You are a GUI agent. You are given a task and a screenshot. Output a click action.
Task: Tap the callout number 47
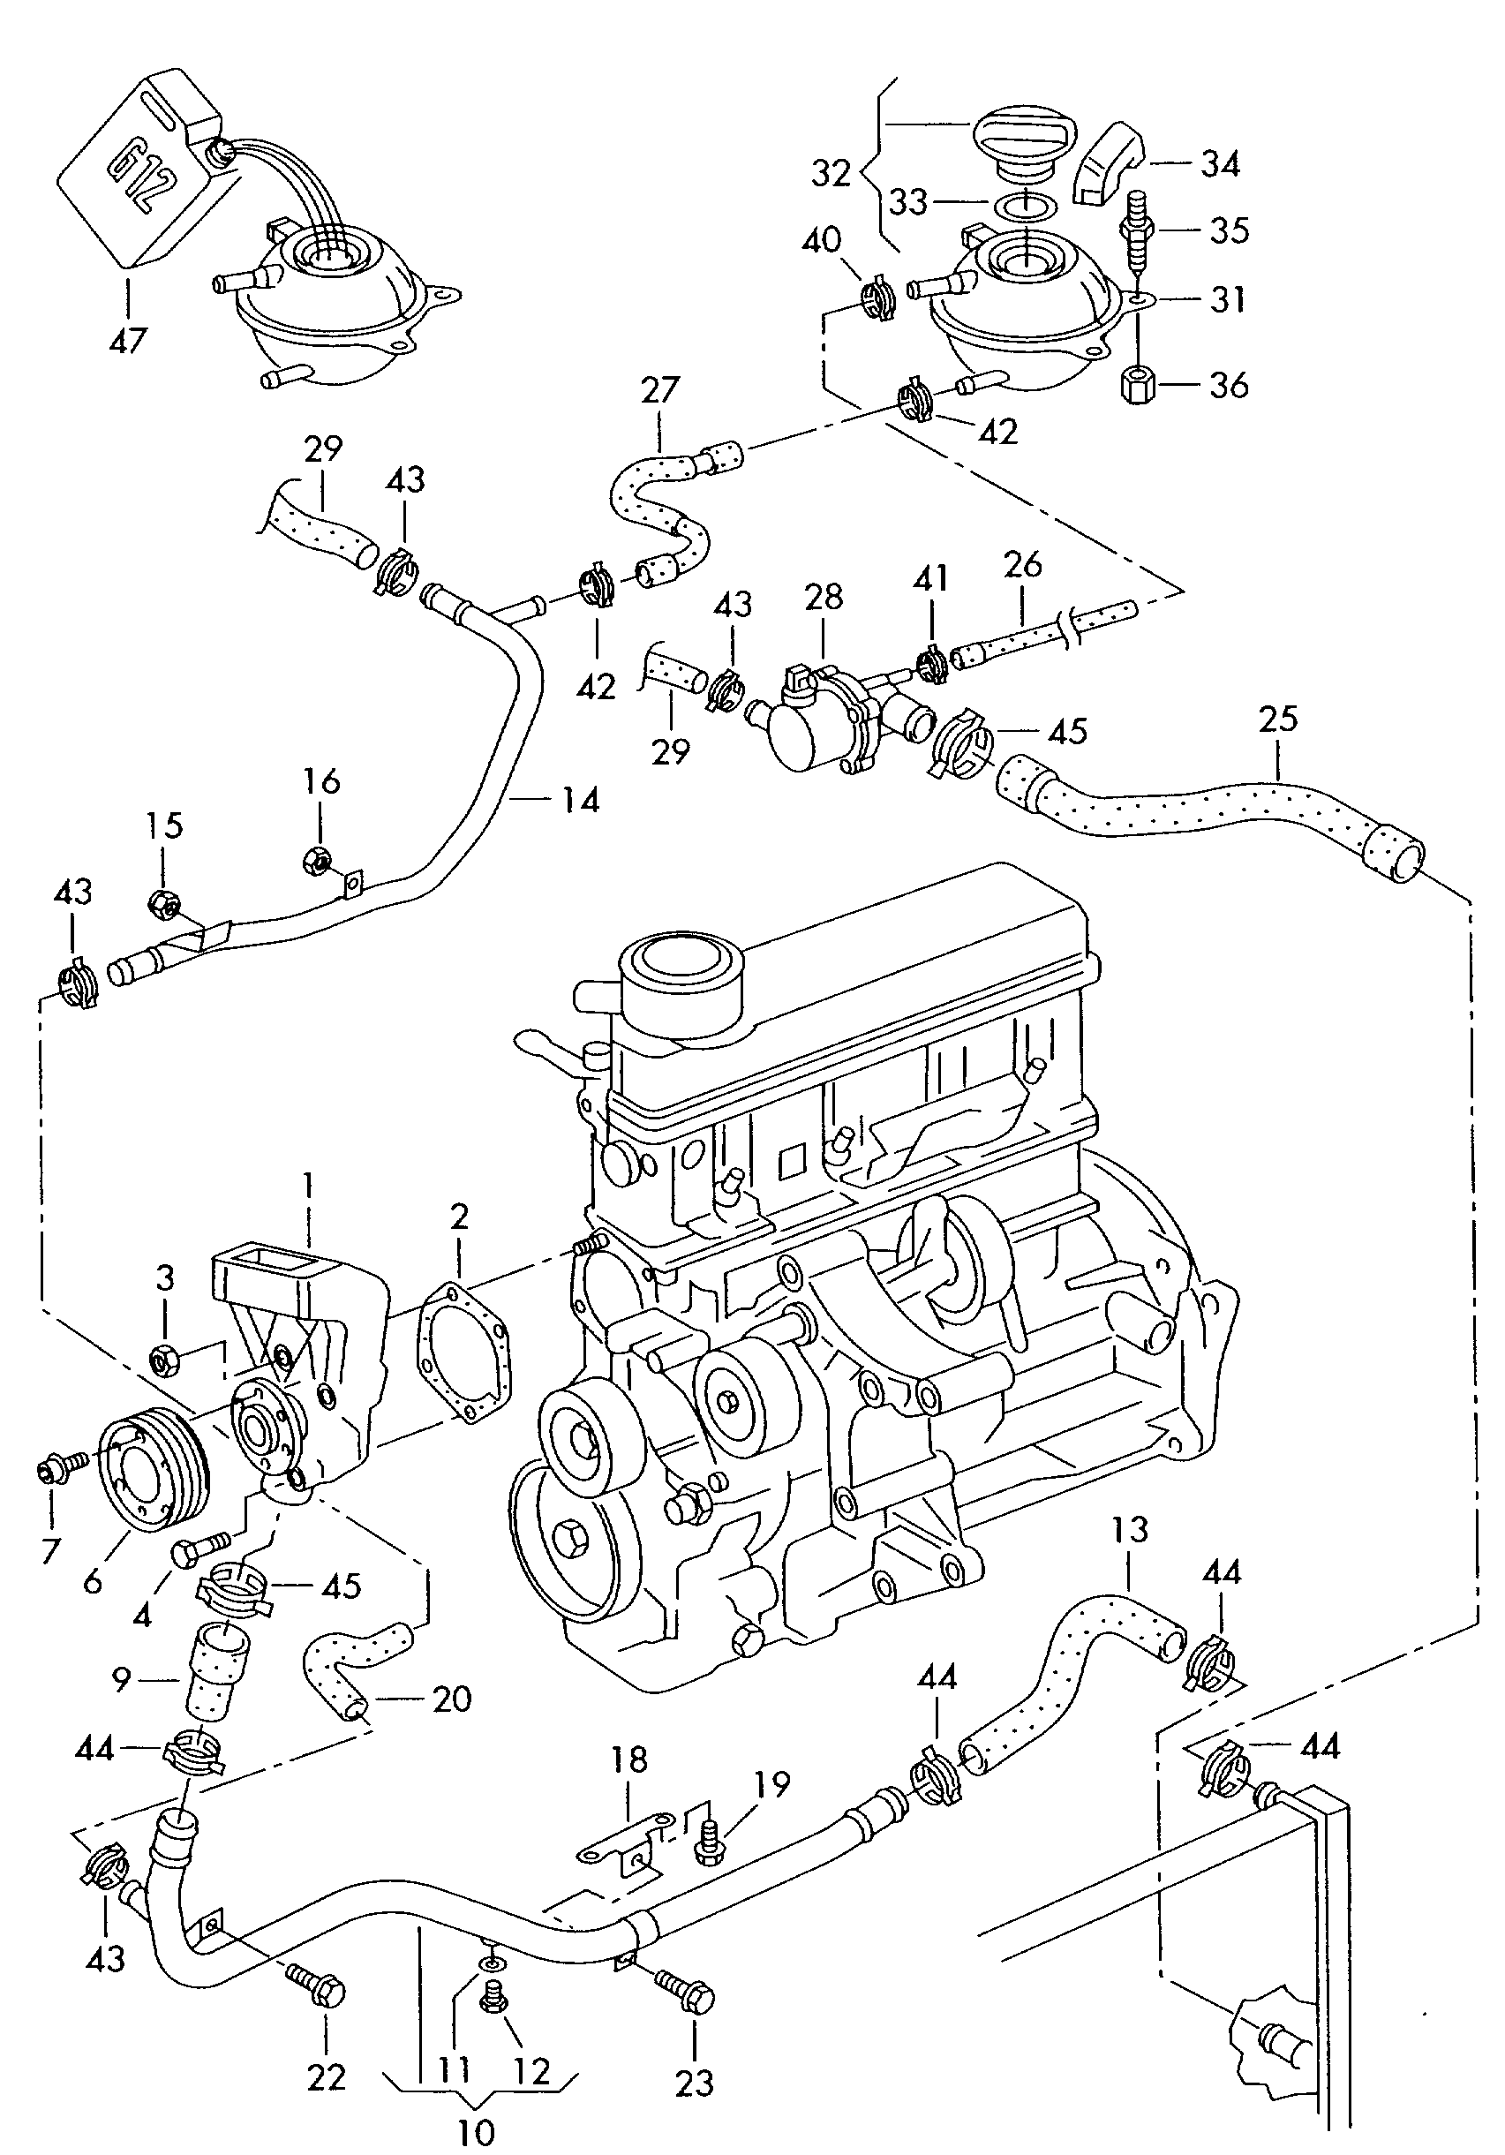pyautogui.click(x=128, y=340)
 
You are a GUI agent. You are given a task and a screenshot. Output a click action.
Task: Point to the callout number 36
pyautogui.click(x=1229, y=385)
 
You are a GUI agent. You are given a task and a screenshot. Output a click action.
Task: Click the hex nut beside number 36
pyautogui.click(x=1138, y=385)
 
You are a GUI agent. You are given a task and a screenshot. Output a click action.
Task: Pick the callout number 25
pyautogui.click(x=1279, y=719)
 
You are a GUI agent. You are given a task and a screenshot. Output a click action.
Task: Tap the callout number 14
pyautogui.click(x=581, y=800)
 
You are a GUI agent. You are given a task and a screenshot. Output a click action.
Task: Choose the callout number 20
pyautogui.click(x=451, y=1699)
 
